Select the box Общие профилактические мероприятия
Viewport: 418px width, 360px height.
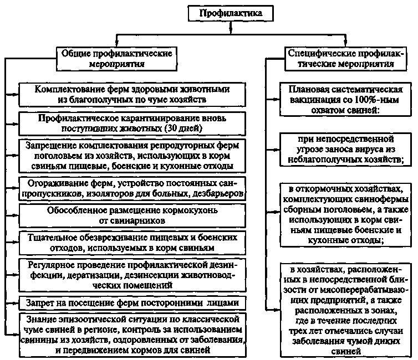118,58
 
